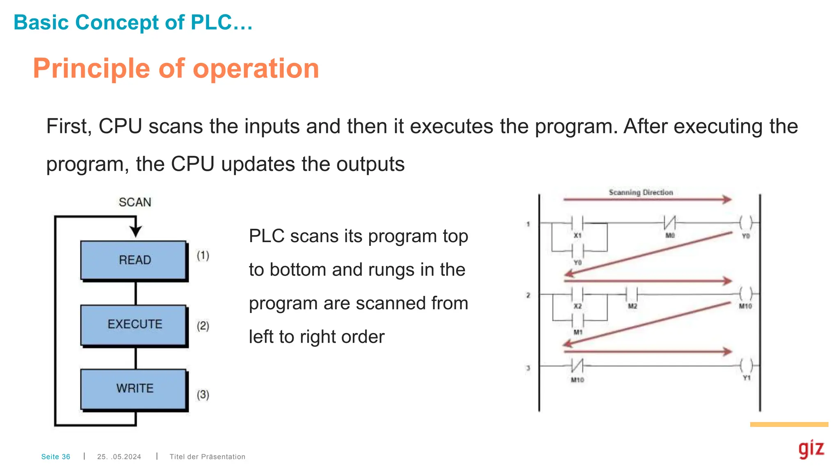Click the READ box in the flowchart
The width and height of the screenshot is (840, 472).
[134, 260]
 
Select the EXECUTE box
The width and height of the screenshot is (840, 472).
[134, 324]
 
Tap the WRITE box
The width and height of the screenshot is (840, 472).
[134, 388]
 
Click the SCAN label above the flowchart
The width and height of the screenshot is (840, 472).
[135, 202]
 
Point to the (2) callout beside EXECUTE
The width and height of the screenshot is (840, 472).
[203, 326]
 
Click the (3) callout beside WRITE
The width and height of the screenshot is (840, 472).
[203, 395]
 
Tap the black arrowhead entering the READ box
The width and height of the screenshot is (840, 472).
[136, 231]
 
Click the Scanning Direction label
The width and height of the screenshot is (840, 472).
[641, 192]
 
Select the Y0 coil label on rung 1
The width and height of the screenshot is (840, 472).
[746, 236]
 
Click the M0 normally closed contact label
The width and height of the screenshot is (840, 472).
[670, 236]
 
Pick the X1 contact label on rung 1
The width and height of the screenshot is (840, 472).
[577, 236]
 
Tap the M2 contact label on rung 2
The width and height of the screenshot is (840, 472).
[632, 306]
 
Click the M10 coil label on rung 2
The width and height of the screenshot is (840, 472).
[745, 306]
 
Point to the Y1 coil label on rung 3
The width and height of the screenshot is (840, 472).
[747, 378]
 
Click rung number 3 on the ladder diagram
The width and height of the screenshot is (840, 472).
[528, 368]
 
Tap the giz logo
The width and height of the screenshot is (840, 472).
[811, 449]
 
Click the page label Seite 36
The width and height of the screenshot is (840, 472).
[56, 456]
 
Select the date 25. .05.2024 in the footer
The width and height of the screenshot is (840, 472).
[119, 456]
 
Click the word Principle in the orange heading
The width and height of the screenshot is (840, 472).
[91, 68]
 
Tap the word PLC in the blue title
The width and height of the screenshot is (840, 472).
[211, 23]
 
